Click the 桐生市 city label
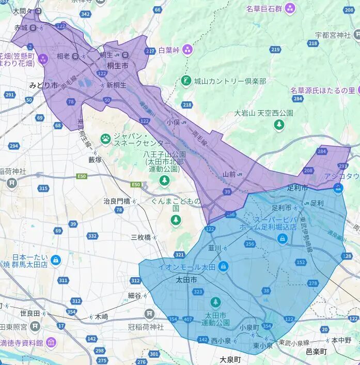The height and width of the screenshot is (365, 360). [x=118, y=66]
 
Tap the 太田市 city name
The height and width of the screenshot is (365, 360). [x=186, y=280]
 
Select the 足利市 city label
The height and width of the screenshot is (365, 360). [x=297, y=187]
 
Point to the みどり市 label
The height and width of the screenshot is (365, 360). [x=43, y=85]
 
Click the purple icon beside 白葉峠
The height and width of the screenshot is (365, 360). [x=186, y=50]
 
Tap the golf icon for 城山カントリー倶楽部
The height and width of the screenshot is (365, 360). [x=186, y=81]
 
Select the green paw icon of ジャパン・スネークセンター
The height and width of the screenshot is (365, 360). [x=106, y=138]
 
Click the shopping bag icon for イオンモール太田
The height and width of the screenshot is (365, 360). [x=223, y=267]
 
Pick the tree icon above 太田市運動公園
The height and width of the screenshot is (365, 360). [x=215, y=302]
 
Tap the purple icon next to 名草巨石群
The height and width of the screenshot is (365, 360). [x=290, y=8]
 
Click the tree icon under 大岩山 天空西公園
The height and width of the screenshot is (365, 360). [x=279, y=124]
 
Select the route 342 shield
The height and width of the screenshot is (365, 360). [x=86, y=13]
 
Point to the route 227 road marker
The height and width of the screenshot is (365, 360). [x=150, y=51]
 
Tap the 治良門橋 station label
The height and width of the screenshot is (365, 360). [x=116, y=201]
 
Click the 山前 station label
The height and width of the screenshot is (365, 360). [x=229, y=174]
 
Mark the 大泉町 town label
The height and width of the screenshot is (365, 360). [x=230, y=359]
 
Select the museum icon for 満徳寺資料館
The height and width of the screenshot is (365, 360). [x=51, y=342]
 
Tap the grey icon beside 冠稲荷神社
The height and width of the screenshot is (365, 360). [x=150, y=313]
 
